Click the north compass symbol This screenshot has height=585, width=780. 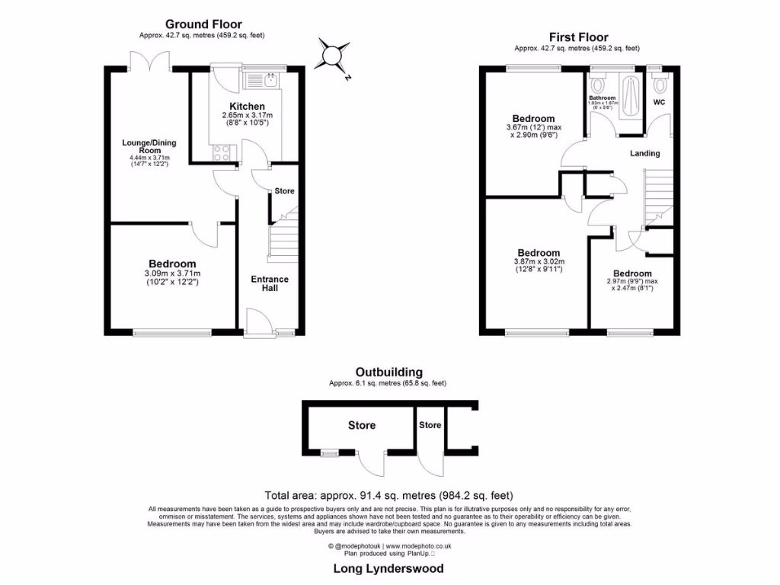[x=334, y=56]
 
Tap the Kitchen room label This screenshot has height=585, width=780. [x=247, y=106]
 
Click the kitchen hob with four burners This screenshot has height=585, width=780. [x=222, y=152]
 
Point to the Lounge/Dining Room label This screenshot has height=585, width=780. [x=145, y=146]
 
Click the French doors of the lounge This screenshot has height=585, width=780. [x=150, y=61]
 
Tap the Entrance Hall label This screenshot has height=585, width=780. [x=270, y=283]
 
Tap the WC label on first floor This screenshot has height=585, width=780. [x=660, y=101]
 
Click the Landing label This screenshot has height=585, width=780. [x=644, y=153]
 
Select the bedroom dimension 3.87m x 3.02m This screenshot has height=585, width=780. [x=539, y=264]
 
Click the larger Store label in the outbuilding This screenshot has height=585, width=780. [x=362, y=425]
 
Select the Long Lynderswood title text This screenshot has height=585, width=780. [x=388, y=568]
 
